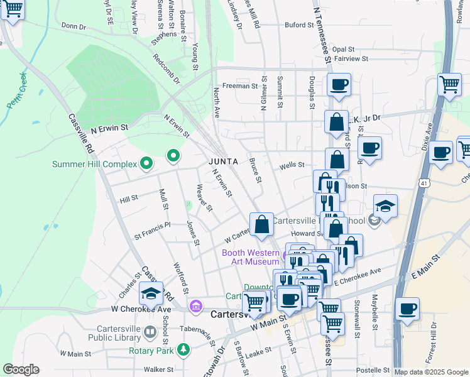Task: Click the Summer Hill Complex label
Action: tap(94, 165)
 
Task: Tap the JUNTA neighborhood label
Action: tap(223, 161)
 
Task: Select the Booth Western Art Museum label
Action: tap(250, 258)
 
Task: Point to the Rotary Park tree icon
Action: tap(183, 349)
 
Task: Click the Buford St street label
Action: tap(298, 25)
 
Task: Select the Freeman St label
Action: tap(236, 86)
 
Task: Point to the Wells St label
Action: tap(292, 165)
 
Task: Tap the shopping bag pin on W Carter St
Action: tap(261, 224)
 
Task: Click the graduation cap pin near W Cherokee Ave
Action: tap(151, 293)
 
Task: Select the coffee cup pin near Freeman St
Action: tap(339, 85)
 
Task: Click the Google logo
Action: tap(21, 369)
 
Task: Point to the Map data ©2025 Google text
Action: tap(431, 372)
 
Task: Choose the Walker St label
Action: tap(158, 369)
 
